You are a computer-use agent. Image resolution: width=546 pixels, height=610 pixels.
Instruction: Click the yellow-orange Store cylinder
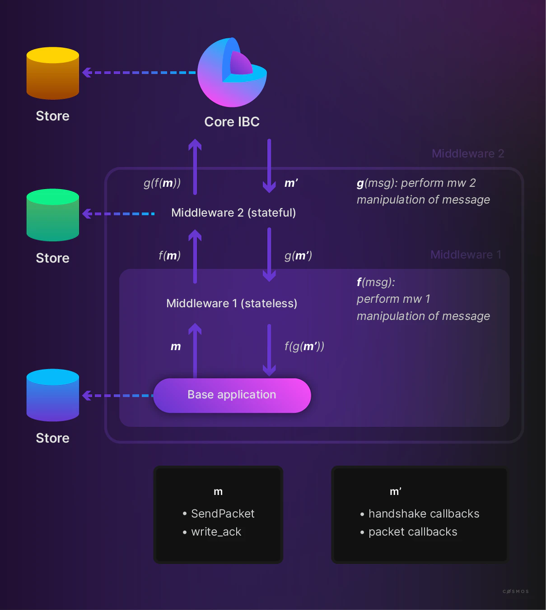[53, 73]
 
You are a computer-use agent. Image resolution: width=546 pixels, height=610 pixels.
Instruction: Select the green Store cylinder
[53, 215]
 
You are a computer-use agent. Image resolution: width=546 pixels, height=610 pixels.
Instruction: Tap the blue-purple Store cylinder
[53, 395]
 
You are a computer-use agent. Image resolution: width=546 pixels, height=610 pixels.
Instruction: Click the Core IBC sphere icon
[232, 73]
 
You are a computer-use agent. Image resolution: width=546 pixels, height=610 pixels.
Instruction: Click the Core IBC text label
[232, 122]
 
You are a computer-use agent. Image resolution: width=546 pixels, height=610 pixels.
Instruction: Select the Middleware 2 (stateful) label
[233, 213]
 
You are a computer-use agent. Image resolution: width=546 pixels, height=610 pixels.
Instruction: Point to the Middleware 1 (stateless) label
[232, 303]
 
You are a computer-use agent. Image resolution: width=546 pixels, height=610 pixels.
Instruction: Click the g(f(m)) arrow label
[162, 183]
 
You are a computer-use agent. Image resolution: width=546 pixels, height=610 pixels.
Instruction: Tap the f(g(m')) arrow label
[304, 346]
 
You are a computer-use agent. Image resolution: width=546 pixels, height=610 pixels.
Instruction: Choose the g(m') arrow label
[298, 256]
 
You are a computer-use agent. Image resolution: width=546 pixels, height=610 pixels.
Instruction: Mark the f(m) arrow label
[170, 256]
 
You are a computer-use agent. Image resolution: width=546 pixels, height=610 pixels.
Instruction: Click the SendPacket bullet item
[222, 513]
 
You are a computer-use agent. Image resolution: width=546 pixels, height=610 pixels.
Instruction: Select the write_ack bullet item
[216, 532]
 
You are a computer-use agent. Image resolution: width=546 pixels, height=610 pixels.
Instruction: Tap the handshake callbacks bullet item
[424, 513]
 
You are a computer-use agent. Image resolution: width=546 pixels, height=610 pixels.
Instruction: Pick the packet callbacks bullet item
[413, 532]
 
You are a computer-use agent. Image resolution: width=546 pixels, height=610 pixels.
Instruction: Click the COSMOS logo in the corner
[515, 591]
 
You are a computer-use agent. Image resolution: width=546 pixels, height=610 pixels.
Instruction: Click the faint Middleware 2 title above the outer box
[468, 153]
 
